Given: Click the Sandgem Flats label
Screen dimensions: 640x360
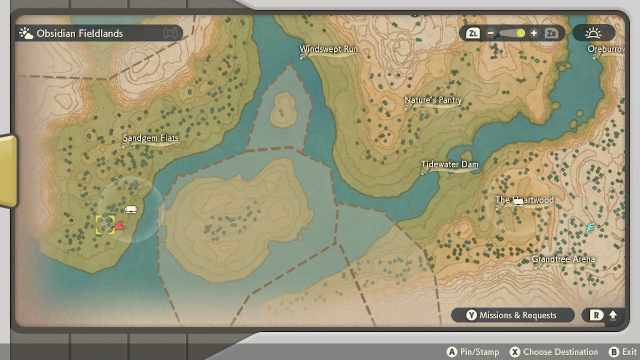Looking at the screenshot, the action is pos(151,138).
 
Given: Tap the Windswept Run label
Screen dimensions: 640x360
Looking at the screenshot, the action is pos(329,49).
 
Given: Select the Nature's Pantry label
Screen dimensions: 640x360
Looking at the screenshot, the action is pos(433,100).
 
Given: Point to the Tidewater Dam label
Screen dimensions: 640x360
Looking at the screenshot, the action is pos(450,164).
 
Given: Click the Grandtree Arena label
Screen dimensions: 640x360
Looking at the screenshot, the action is pos(563,260).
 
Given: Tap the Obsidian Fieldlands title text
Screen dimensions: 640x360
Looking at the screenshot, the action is pos(79,34).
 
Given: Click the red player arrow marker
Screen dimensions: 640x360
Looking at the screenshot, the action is pos(119,226).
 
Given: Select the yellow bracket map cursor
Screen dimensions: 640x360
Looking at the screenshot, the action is pos(105,225).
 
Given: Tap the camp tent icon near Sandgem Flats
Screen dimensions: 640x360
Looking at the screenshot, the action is pos(132,209).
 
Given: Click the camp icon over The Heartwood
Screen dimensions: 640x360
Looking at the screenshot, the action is pos(518,201).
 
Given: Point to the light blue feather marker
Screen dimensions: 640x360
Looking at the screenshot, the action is pos(590,228).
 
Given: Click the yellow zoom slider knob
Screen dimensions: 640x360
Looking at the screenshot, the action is pos(521,34).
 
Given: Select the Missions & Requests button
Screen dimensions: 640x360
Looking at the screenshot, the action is pos(513,315).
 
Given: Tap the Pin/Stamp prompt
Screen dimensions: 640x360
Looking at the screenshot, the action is pos(473,352).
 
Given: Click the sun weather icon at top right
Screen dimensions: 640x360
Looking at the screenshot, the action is pos(593,33).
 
